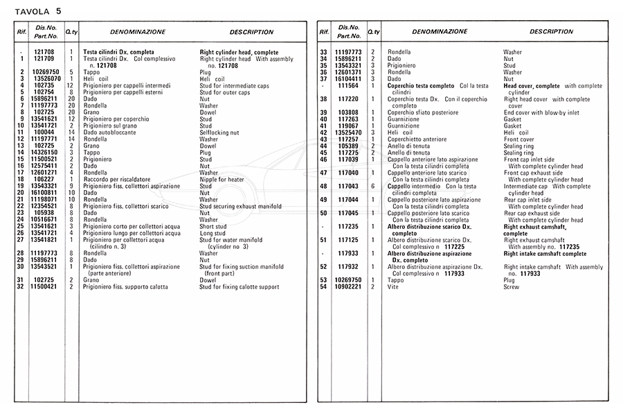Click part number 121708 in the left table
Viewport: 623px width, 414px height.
point(44,52)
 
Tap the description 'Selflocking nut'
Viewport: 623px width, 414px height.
point(219,132)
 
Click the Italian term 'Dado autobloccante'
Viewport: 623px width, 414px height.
point(109,132)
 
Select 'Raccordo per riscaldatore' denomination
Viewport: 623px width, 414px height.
point(119,180)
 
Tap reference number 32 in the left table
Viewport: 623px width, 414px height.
point(22,286)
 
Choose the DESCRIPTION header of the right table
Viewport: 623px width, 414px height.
point(551,32)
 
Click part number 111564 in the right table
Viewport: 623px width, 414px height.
point(348,86)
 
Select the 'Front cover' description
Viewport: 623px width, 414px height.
point(519,139)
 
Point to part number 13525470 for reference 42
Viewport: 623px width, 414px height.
point(348,132)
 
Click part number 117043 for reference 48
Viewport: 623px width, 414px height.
point(348,186)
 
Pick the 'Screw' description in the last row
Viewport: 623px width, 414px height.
point(511,286)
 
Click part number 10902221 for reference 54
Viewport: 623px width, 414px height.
point(348,286)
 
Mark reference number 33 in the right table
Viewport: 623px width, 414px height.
point(323,52)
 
